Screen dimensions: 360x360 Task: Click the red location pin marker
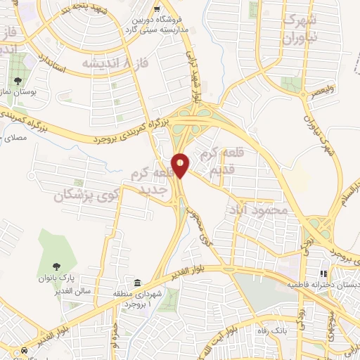pos(181,165)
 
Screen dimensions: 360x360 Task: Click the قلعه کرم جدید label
pos(149,180)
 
